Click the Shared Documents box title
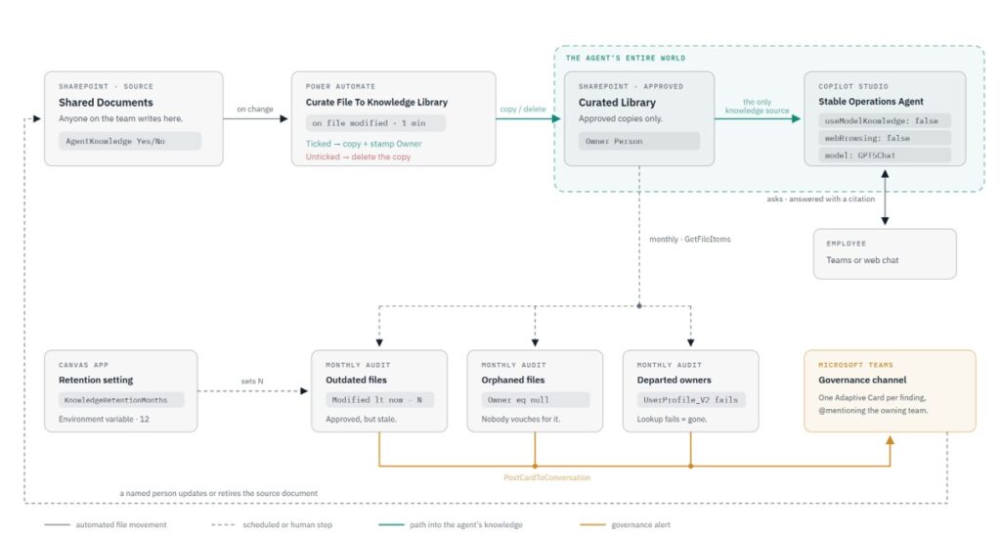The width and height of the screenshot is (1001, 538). point(106,103)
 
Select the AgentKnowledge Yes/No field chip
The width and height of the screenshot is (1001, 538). point(130,141)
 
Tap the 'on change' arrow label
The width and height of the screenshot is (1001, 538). point(255,110)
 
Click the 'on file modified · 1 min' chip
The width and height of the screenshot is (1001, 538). point(375,122)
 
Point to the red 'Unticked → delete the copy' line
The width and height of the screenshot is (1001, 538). point(358,157)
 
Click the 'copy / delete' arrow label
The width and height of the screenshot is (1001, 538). point(523,110)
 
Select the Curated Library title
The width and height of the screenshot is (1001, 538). point(617,103)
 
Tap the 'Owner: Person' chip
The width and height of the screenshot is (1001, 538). point(639,141)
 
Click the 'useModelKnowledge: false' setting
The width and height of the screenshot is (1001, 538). point(885,120)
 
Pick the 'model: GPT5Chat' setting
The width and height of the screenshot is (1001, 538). point(885,156)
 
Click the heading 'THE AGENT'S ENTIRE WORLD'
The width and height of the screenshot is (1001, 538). point(626,58)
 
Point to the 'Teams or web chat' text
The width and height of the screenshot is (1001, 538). point(862,260)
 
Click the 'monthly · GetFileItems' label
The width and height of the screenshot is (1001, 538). point(689,239)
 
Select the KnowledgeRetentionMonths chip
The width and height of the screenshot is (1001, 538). point(121,400)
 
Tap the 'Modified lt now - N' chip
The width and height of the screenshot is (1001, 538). point(380,400)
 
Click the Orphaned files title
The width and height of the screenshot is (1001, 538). point(512,380)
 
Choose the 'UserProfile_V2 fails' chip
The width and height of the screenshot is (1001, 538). point(690,400)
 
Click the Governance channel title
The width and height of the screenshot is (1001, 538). point(862,380)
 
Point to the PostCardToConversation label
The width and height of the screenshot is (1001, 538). point(547,477)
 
